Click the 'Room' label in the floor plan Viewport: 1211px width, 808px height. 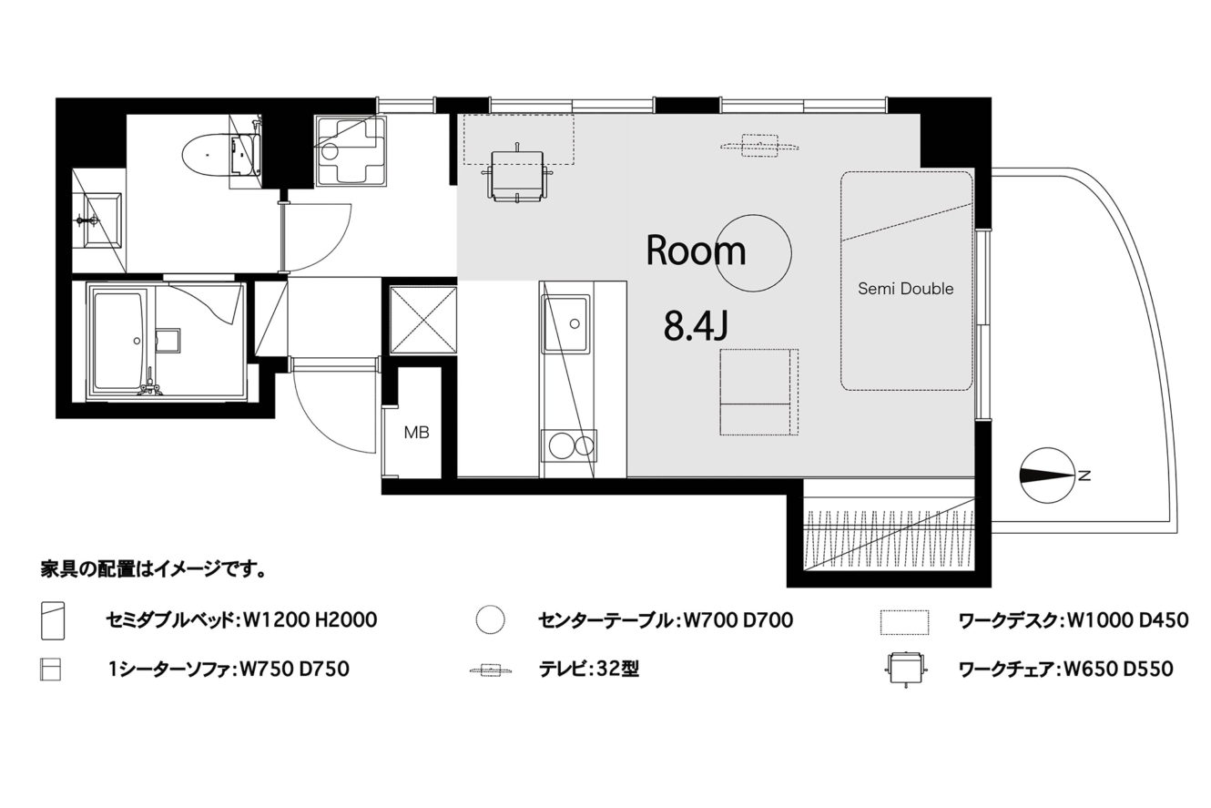696,251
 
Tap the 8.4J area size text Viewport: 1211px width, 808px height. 696,325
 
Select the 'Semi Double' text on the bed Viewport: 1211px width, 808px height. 906,288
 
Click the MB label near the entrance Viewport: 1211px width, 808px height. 416,432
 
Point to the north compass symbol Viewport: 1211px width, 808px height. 1048,476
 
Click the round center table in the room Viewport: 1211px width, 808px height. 754,252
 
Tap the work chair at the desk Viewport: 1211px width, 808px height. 517,174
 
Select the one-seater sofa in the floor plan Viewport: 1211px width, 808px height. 759,392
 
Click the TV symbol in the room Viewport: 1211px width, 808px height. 759,146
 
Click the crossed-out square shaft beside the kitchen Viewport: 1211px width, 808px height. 423,320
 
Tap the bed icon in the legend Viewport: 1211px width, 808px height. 53,620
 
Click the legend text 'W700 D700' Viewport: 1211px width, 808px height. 738,620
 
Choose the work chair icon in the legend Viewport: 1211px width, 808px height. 905,669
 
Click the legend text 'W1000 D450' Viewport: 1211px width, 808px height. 1128,620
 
